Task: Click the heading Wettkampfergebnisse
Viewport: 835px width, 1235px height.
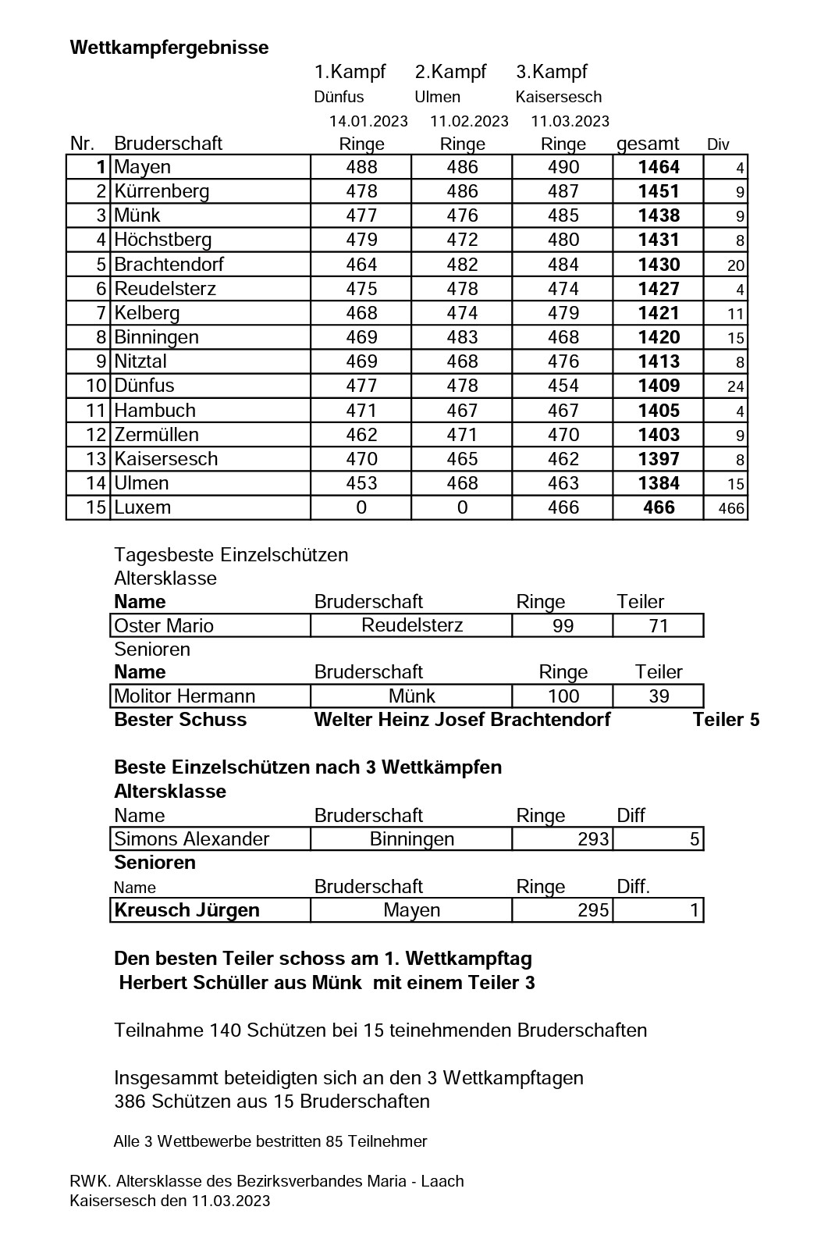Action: tap(169, 48)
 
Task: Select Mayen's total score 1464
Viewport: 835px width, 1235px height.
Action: tap(659, 167)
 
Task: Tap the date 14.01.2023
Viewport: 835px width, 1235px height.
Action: tap(368, 121)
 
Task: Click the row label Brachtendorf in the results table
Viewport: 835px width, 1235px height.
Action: tap(169, 265)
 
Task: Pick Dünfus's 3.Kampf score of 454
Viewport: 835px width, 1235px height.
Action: tap(563, 386)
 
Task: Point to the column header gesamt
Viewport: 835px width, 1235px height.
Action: tap(648, 144)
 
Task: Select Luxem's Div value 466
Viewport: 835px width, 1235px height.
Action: tap(731, 509)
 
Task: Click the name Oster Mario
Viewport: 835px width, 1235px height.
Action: tap(164, 626)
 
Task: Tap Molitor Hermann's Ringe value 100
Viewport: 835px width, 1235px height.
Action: tap(563, 696)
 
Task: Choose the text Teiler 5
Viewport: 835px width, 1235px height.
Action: tap(726, 720)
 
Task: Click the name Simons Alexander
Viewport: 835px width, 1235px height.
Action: tap(191, 839)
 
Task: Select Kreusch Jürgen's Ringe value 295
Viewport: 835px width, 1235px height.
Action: tap(593, 910)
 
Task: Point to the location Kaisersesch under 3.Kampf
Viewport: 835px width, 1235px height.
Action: tap(559, 98)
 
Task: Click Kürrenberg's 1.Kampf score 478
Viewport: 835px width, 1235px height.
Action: tap(361, 191)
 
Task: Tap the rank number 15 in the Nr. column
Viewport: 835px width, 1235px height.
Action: tap(96, 507)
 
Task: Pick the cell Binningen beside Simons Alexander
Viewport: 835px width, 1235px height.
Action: tap(412, 839)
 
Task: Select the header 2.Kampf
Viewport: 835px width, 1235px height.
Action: tap(450, 73)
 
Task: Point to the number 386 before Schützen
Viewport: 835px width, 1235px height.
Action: tap(130, 1102)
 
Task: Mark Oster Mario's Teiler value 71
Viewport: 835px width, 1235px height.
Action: tap(659, 626)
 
